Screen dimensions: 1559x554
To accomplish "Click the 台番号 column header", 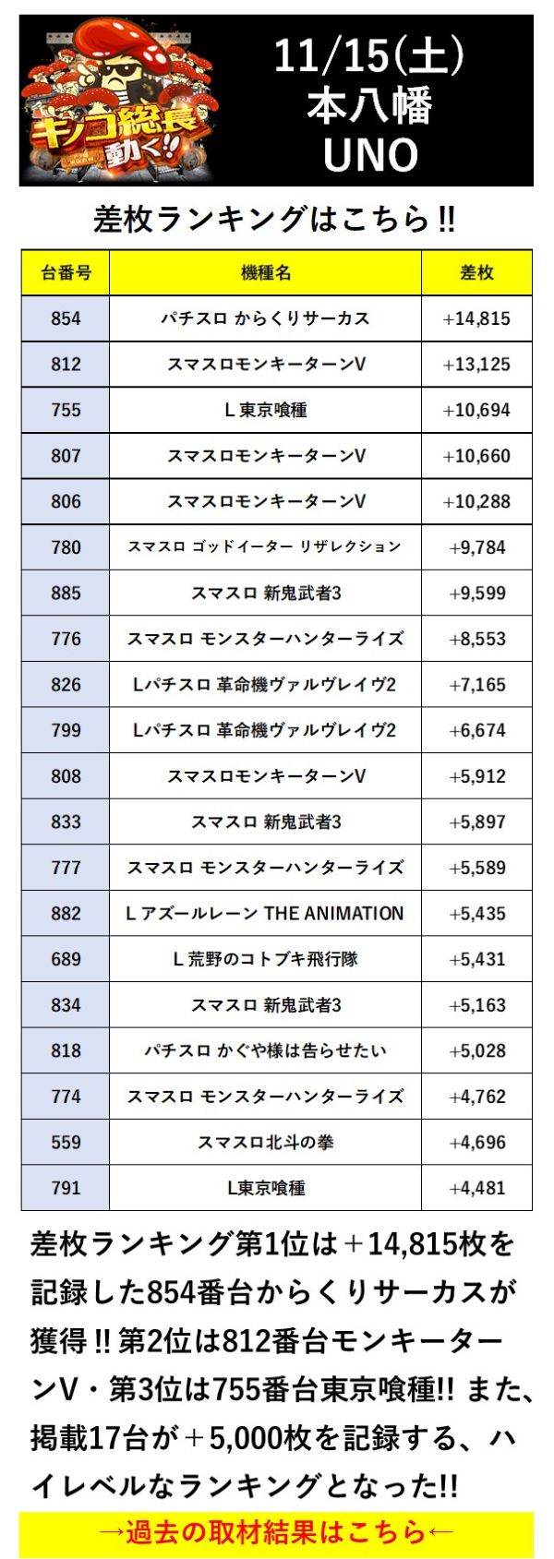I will pyautogui.click(x=66, y=272).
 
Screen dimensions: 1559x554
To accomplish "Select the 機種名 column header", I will pyautogui.click(x=266, y=272).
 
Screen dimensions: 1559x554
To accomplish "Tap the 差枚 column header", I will pyautogui.click(x=476, y=272).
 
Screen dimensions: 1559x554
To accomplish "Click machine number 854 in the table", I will pyautogui.click(x=66, y=318).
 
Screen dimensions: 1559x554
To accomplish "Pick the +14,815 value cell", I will pyautogui.click(x=476, y=318).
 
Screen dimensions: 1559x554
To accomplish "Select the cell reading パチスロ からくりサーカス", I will pyautogui.click(x=266, y=318).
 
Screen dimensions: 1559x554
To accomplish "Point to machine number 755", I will pyautogui.click(x=66, y=410).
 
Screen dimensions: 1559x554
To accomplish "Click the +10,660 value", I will pyautogui.click(x=476, y=456).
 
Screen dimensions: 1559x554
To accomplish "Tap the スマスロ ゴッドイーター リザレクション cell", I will pyautogui.click(x=266, y=547).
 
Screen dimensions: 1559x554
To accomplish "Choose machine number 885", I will pyautogui.click(x=66, y=593).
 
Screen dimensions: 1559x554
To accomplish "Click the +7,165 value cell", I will pyautogui.click(x=476, y=685).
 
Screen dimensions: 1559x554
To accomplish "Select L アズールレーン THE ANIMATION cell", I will pyautogui.click(x=266, y=914).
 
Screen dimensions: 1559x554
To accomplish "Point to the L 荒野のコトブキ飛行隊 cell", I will pyautogui.click(x=266, y=959).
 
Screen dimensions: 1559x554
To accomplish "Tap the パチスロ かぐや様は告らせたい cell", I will pyautogui.click(x=266, y=1050).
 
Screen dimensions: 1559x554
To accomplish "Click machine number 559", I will pyautogui.click(x=66, y=1143).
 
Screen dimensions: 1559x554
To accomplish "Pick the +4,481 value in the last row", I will pyautogui.click(x=476, y=1188).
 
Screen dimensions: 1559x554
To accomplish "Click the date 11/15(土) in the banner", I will pyautogui.click(x=369, y=57).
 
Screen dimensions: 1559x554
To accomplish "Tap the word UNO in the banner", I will pyautogui.click(x=370, y=155).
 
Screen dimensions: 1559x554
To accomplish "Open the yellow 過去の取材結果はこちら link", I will pyautogui.click(x=276, y=1533).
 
